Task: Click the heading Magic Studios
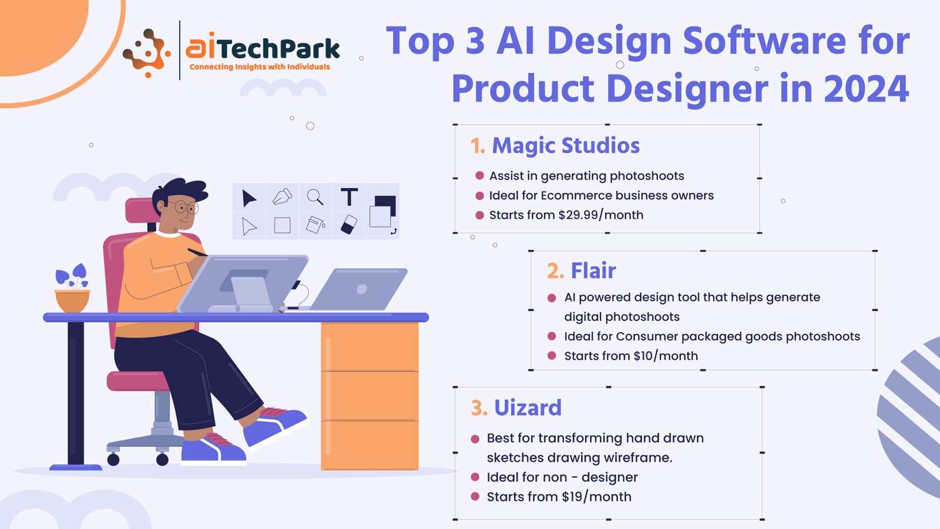[x=566, y=146]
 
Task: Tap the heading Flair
[x=593, y=271]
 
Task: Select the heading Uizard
[x=528, y=408]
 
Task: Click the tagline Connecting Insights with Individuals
[x=260, y=67]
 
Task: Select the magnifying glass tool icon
[x=315, y=197]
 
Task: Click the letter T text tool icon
[x=349, y=196]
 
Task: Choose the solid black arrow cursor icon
[x=249, y=197]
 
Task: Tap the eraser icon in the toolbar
[x=349, y=225]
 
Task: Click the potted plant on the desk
[x=73, y=288]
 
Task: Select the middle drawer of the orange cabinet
[x=370, y=396]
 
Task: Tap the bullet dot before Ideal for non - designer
[x=475, y=477]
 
